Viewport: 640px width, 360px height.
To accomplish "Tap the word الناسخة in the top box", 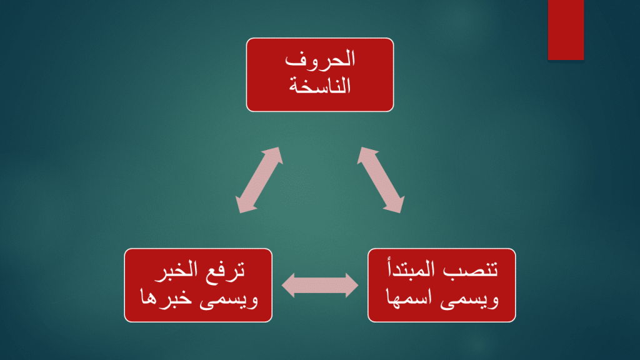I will click(x=320, y=86).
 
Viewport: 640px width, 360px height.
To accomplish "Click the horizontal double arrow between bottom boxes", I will click(x=320, y=286).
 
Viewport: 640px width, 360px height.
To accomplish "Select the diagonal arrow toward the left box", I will click(x=258, y=180).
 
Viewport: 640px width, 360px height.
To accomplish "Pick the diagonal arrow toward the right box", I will click(x=381, y=180).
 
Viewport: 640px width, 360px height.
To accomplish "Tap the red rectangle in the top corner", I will click(x=566, y=29).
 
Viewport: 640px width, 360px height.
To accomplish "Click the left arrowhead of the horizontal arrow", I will click(x=289, y=286).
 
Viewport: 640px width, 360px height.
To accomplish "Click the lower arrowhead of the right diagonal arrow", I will click(x=396, y=204).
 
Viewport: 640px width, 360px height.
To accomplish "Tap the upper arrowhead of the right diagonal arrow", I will click(x=366, y=156).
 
